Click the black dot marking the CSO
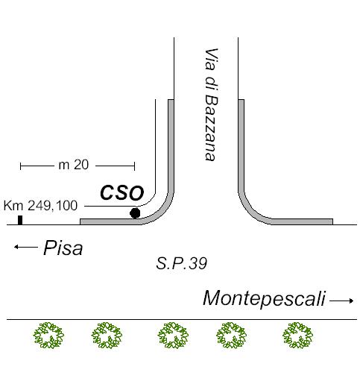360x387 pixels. click(135, 213)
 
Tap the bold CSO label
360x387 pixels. click(122, 193)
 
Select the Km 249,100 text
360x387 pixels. click(40, 206)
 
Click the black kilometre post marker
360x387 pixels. click(20, 220)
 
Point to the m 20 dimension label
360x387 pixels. click(74, 165)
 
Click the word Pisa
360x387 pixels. click(63, 248)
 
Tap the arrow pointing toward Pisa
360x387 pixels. click(26, 247)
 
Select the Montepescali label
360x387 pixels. click(264, 298)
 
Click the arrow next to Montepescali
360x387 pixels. click(341, 301)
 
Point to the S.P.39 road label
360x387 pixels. click(182, 263)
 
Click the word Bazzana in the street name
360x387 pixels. click(212, 128)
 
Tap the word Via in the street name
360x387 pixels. click(212, 59)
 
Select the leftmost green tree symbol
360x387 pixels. click(48, 335)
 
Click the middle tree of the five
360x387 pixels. click(173, 335)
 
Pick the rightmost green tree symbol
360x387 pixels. click(297, 335)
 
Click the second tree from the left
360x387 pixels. click(107, 335)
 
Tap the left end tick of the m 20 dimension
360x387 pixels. click(20, 166)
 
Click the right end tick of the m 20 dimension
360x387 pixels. click(135, 166)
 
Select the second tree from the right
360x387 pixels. click(231, 335)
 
